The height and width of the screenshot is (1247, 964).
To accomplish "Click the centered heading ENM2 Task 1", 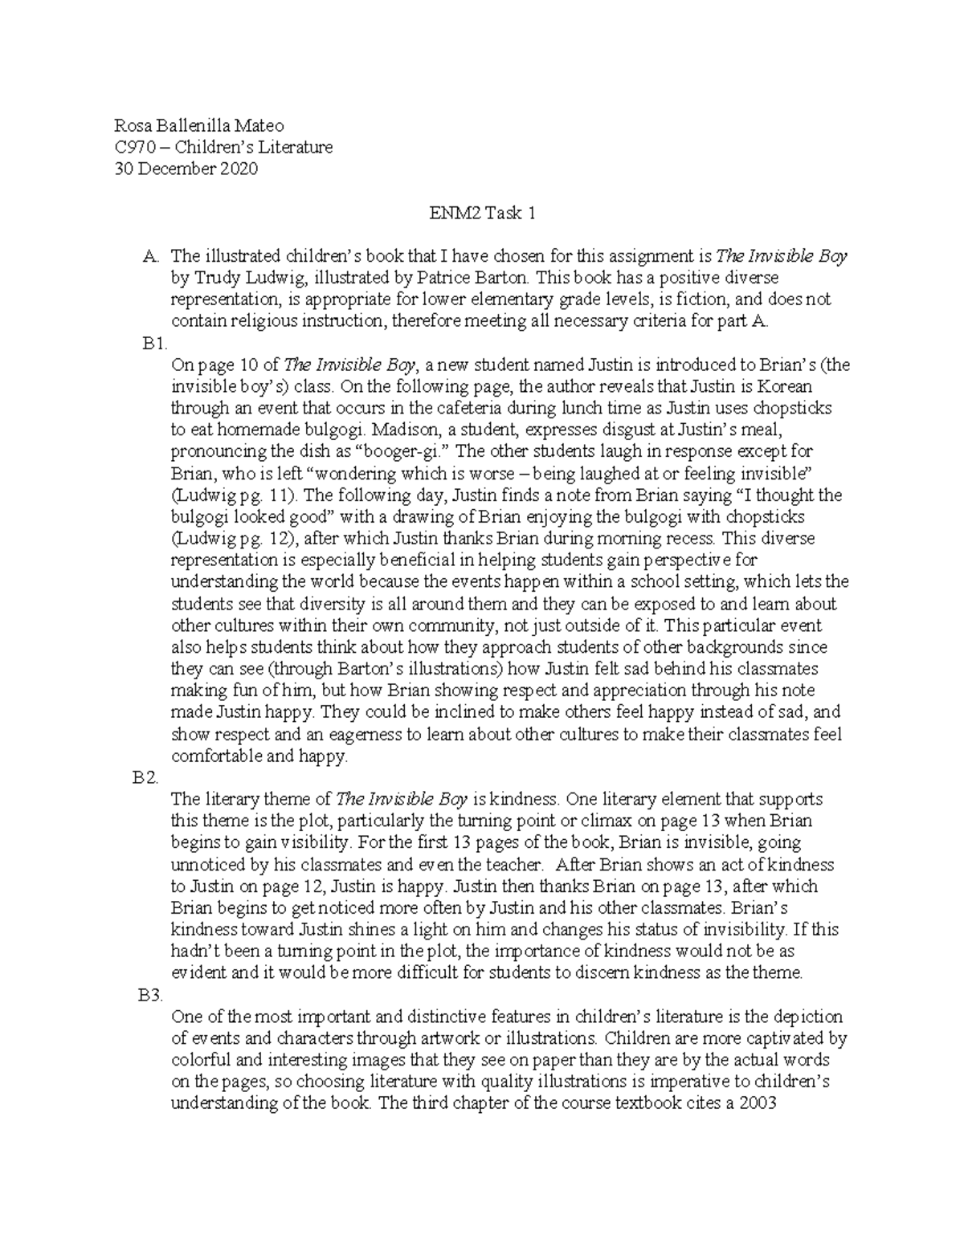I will click(482, 213).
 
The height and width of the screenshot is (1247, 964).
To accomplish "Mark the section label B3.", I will click(151, 995).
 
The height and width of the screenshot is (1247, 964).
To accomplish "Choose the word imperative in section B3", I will click(680, 1081).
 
